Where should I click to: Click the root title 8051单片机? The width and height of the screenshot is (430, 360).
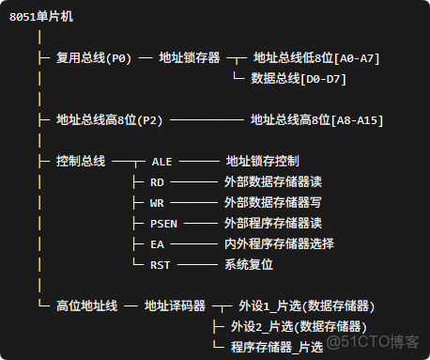(x=38, y=18)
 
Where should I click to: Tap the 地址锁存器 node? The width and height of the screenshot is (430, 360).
(x=192, y=58)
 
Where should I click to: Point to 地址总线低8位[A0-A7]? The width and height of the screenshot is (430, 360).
(x=316, y=58)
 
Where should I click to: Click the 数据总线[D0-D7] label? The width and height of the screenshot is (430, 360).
(x=299, y=79)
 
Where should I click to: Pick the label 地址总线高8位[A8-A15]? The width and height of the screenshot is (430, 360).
(x=316, y=120)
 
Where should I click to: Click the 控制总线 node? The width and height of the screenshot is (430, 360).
(x=81, y=162)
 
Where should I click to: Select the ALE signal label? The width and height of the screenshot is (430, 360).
(x=161, y=162)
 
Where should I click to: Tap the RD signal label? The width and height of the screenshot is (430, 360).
(x=157, y=182)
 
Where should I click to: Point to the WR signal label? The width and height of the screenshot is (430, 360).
(x=157, y=203)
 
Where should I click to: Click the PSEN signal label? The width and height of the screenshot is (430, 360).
(x=163, y=224)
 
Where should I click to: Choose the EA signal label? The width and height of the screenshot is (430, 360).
(x=157, y=244)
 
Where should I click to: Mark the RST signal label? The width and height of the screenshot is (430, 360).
(x=161, y=265)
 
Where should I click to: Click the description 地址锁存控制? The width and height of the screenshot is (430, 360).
(x=263, y=162)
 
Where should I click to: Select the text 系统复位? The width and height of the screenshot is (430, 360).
(x=249, y=265)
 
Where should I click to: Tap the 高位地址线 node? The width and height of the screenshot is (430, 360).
(x=86, y=305)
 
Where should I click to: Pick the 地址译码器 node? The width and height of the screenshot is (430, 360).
(x=175, y=305)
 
